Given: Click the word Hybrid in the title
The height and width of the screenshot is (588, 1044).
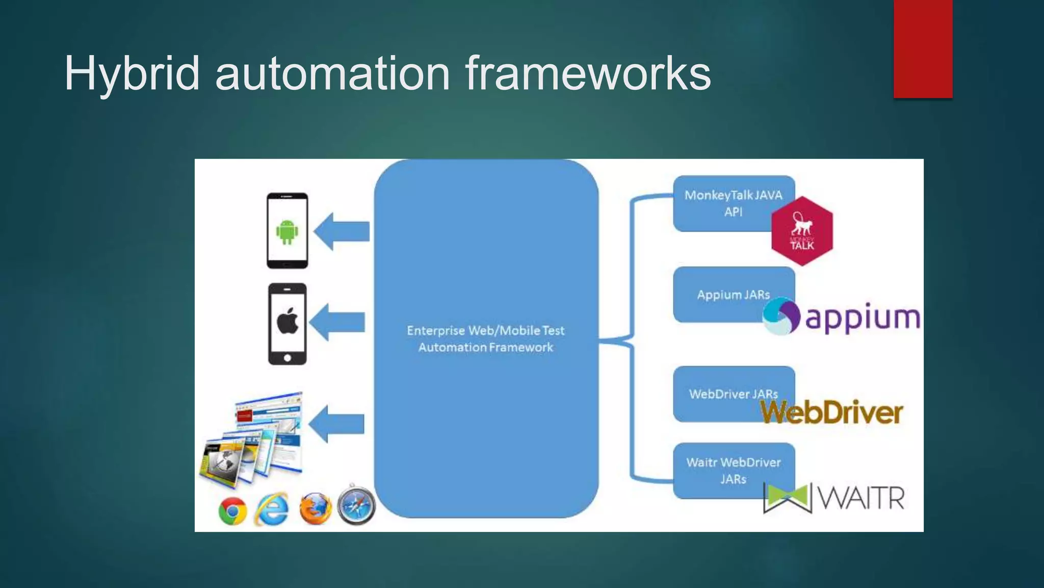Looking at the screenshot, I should point(132,74).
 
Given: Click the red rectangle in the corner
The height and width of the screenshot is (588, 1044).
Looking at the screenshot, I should point(923,48).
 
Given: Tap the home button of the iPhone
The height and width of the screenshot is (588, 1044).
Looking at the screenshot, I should point(288,358).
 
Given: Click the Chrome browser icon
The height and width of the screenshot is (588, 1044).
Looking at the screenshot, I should point(233,511).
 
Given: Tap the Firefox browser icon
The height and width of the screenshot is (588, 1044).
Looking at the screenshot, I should point(315,509).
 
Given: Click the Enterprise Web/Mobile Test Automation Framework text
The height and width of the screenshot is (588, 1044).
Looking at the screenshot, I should point(486,339).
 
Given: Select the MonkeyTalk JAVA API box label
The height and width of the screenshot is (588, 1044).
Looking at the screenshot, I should point(733,203).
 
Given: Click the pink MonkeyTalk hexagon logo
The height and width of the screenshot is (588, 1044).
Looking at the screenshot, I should point(802,231).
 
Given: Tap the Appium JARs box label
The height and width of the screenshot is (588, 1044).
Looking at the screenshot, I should point(733,295).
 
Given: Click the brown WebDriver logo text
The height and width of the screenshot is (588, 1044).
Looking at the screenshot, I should point(832,412).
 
